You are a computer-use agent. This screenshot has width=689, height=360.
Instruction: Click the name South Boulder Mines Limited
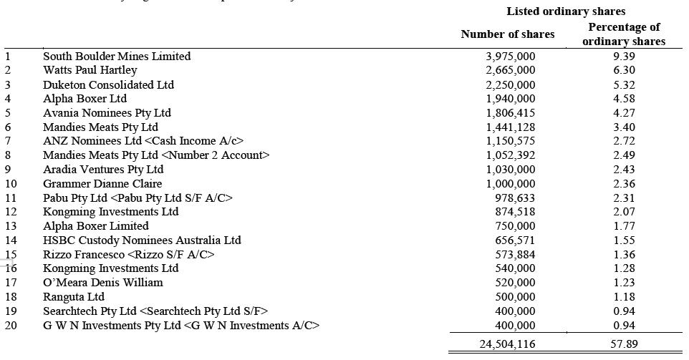(x=117, y=56)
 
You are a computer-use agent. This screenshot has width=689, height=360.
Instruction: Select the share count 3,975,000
(x=510, y=56)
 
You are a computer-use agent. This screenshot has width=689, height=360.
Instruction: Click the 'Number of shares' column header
(x=507, y=34)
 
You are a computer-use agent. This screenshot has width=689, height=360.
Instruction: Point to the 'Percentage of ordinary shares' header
(x=624, y=34)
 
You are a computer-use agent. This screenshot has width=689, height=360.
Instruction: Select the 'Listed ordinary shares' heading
(x=566, y=11)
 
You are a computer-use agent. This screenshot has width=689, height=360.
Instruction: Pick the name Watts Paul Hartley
(x=90, y=70)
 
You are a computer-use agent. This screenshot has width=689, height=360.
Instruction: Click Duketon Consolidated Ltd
(x=108, y=84)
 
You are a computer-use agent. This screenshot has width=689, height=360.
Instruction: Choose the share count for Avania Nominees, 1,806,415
(x=510, y=112)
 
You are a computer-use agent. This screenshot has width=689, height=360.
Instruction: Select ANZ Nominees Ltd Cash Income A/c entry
(x=143, y=141)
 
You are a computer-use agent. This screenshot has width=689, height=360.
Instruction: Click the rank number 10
(x=11, y=183)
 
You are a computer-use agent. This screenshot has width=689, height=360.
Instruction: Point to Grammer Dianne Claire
(x=102, y=183)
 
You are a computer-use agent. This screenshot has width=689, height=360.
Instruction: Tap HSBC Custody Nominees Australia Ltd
(x=142, y=240)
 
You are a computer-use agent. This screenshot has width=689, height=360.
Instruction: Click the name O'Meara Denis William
(x=102, y=282)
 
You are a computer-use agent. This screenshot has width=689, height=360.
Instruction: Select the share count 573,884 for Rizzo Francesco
(x=515, y=254)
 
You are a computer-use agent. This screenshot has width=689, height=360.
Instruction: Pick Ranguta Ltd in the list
(x=73, y=296)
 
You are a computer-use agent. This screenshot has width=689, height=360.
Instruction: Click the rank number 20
(x=11, y=325)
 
